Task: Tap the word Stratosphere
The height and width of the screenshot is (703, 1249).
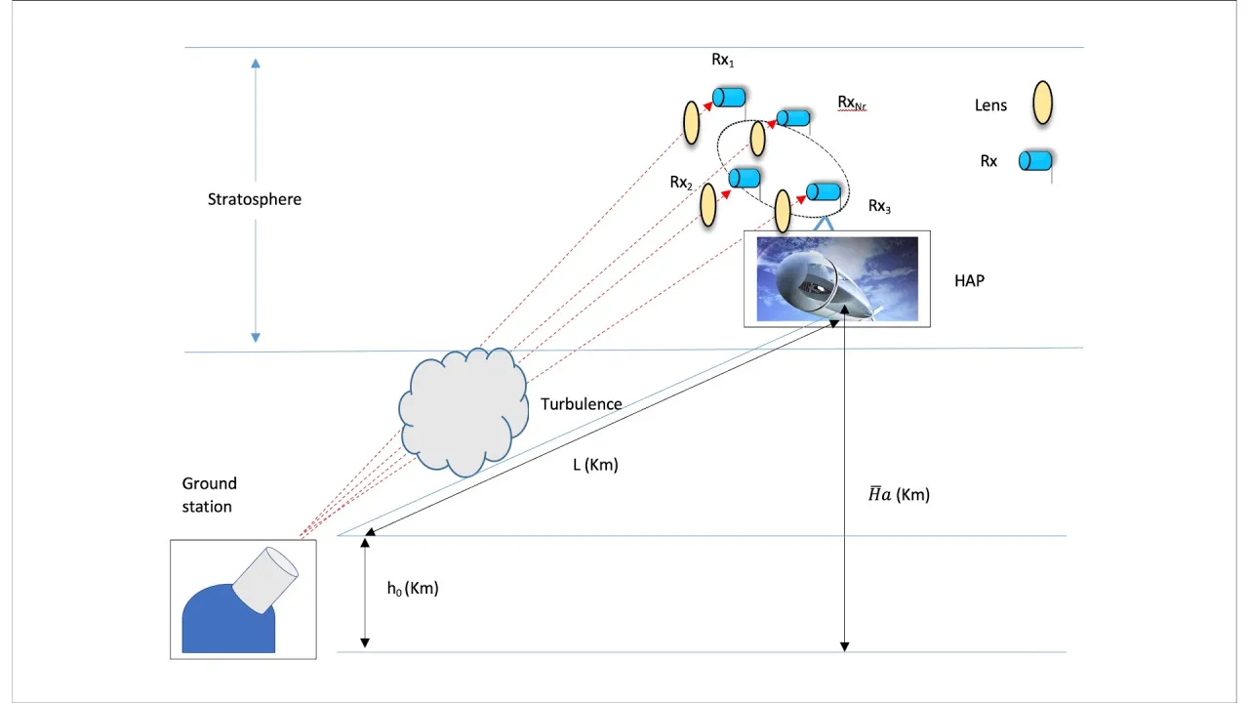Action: [255, 199]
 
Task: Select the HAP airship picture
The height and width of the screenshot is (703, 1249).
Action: [836, 278]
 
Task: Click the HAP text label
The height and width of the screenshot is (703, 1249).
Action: [969, 280]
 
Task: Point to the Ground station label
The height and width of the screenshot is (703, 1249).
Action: [208, 495]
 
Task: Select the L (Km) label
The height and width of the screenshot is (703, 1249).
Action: [595, 465]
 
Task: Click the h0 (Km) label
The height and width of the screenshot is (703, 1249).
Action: [413, 589]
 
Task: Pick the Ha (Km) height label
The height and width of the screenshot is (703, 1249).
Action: [899, 495]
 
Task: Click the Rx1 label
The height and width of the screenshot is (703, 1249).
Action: [722, 61]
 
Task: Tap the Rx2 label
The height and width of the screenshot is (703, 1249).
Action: [680, 183]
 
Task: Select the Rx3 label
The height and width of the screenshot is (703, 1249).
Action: [879, 206]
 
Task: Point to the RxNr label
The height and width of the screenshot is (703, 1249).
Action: [852, 103]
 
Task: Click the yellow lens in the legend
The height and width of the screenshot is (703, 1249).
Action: [1042, 102]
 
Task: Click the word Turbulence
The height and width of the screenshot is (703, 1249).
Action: [581, 404]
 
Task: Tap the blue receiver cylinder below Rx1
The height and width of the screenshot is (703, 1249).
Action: [729, 97]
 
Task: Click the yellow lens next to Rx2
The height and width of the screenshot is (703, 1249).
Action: [708, 205]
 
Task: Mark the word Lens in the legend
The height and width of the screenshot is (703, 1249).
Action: [990, 104]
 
